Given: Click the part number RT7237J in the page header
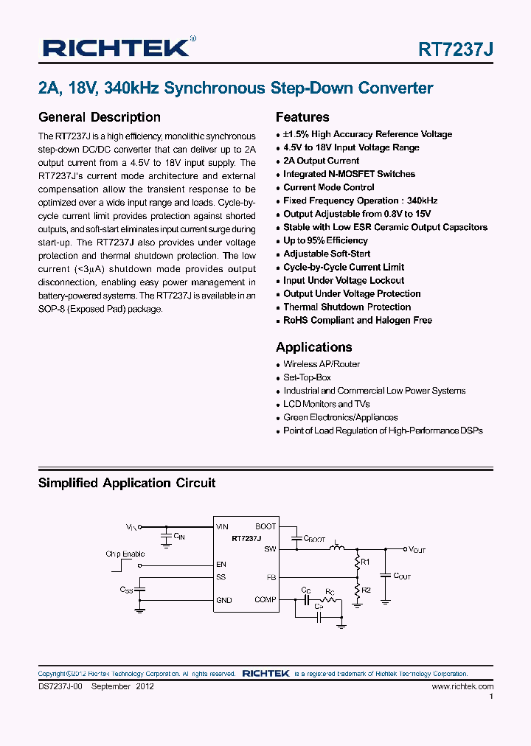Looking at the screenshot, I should point(455,49).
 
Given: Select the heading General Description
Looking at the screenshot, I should point(99,117).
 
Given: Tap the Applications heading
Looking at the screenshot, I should point(313,347).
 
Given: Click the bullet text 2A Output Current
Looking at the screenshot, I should point(321,161).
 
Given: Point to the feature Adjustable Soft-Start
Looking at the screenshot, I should point(327,254).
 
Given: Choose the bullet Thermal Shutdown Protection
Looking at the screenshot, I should point(347,307).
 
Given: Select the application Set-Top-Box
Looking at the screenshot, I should point(307,377).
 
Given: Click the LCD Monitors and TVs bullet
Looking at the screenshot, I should point(326,404).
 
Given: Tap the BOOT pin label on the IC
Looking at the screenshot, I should point(265,526).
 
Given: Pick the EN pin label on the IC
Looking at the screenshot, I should point(221,565).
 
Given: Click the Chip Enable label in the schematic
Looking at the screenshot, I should point(125,554).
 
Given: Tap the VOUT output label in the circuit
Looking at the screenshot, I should point(417,550).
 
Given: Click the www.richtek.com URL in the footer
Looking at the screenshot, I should point(462,686).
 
